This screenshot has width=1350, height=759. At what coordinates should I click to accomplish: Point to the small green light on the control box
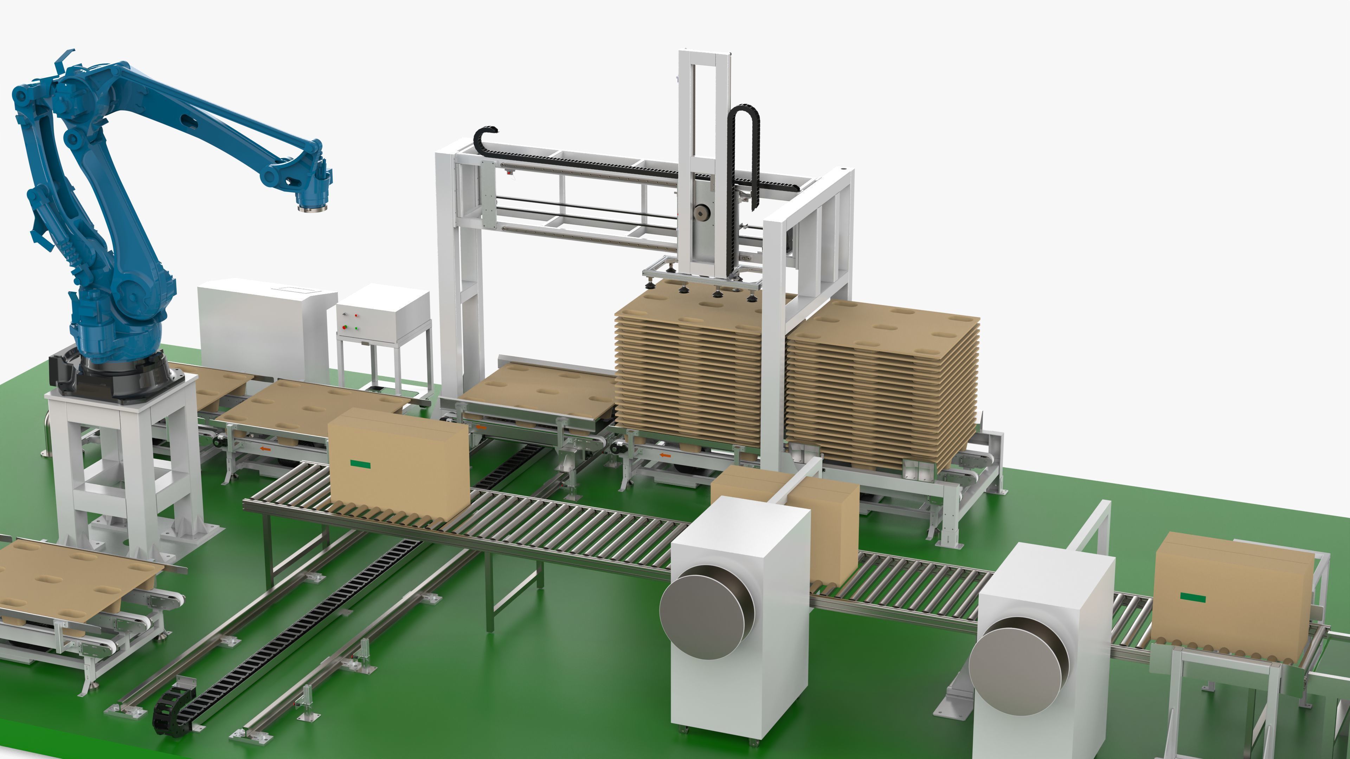tap(356, 329)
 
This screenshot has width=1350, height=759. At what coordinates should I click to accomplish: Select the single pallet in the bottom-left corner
tap(73, 576)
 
